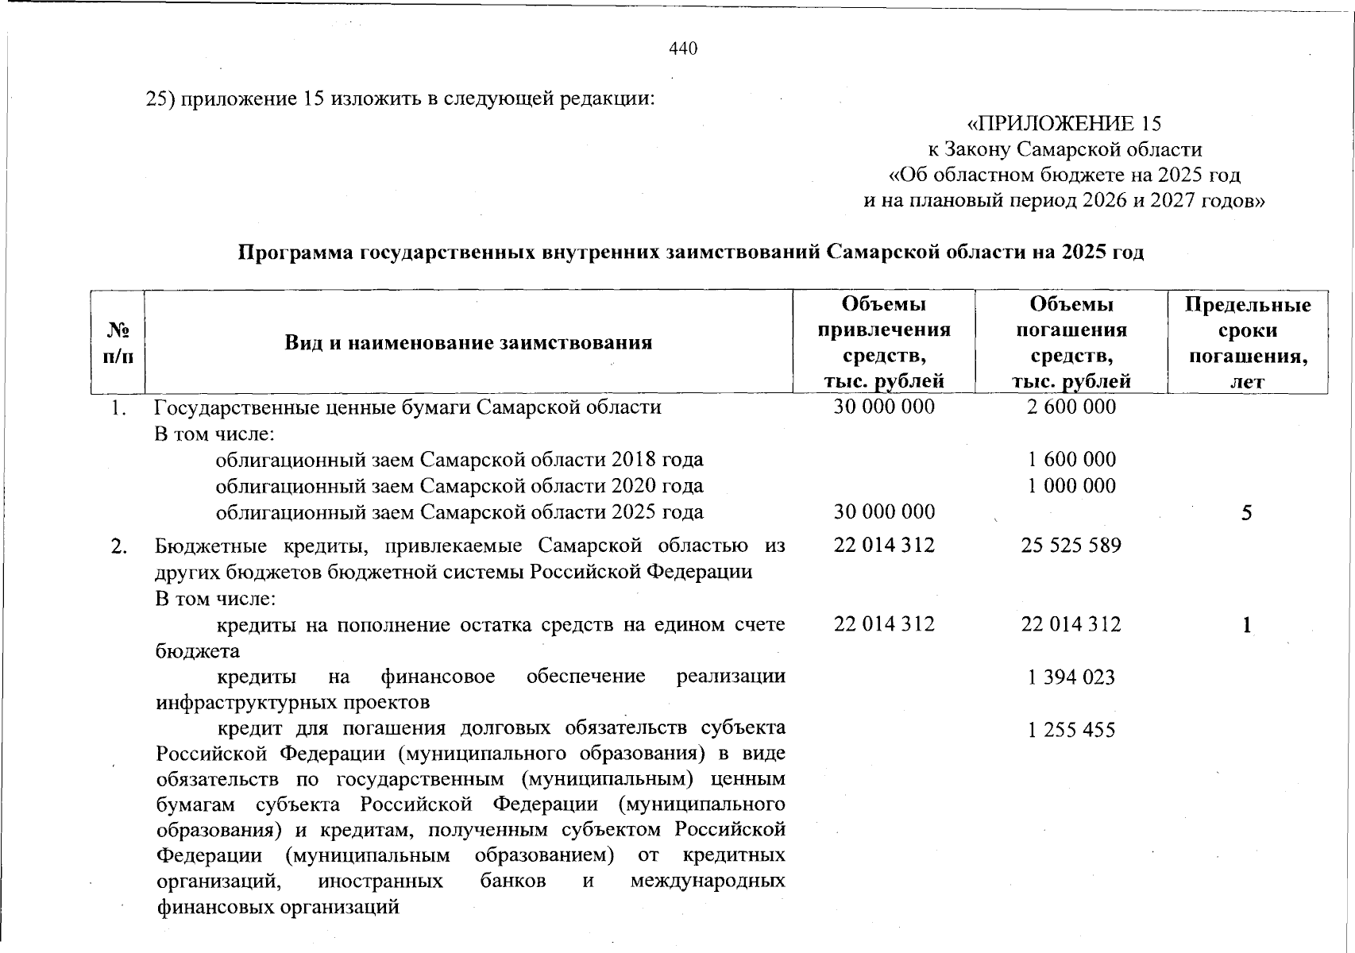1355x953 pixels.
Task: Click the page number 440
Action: click(683, 49)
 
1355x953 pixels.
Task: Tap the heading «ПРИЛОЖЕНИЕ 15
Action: click(1064, 124)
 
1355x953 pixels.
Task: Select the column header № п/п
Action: click(118, 342)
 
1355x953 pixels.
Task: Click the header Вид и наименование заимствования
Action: click(468, 342)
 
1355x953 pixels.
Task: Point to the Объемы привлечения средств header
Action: click(884, 342)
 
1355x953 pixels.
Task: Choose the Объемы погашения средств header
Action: click(1071, 342)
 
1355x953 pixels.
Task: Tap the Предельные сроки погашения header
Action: click(1247, 342)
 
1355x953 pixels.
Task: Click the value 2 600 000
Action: click(1071, 407)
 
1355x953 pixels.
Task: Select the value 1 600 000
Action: click(1071, 459)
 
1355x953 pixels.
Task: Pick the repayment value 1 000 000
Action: click(1071, 485)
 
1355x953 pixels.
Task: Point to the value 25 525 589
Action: click(1071, 546)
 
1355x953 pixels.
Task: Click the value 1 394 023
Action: click(1071, 677)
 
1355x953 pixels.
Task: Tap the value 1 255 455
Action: click(1071, 729)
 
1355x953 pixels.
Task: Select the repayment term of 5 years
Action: click(1247, 513)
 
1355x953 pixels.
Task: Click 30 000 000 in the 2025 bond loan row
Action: click(884, 512)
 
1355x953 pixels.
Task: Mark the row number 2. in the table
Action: click(118, 546)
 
